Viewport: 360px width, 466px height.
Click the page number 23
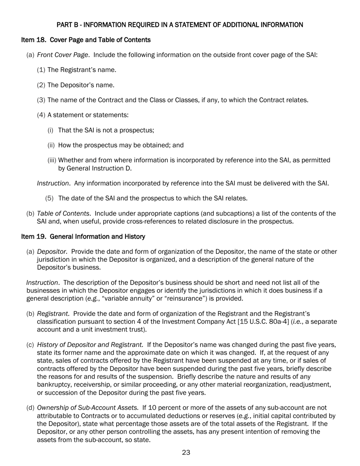(x=186, y=452)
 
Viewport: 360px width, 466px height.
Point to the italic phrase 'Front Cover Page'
(x=63, y=55)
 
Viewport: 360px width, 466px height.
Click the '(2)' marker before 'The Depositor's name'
(x=41, y=85)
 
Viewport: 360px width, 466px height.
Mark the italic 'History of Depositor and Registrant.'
(x=90, y=345)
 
